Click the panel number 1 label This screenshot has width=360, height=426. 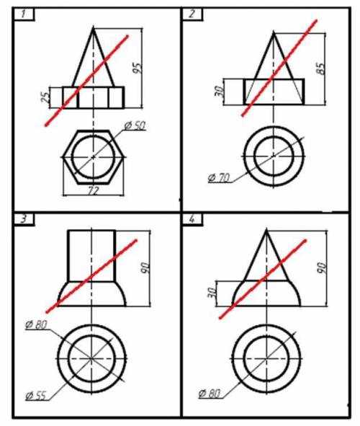(24, 14)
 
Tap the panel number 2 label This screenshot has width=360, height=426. (192, 14)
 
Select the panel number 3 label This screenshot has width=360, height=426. (24, 218)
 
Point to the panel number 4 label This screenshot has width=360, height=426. (192, 218)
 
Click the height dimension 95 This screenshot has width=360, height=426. (137, 68)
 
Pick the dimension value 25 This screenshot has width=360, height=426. (45, 97)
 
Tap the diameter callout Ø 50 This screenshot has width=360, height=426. (135, 125)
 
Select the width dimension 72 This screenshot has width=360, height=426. (93, 191)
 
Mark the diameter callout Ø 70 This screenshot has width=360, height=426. (219, 178)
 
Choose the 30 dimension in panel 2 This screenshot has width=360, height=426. (219, 91)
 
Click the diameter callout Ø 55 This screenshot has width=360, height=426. (35, 396)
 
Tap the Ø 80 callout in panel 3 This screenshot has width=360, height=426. (36, 324)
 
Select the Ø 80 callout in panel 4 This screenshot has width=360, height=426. (210, 393)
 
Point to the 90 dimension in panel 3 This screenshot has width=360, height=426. (145, 268)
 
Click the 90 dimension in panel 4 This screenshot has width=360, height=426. (321, 268)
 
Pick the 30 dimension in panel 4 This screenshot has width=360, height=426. (212, 293)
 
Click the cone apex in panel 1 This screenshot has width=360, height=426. (94, 27)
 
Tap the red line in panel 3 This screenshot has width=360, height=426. (91, 276)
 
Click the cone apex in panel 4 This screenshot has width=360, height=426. (266, 230)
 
